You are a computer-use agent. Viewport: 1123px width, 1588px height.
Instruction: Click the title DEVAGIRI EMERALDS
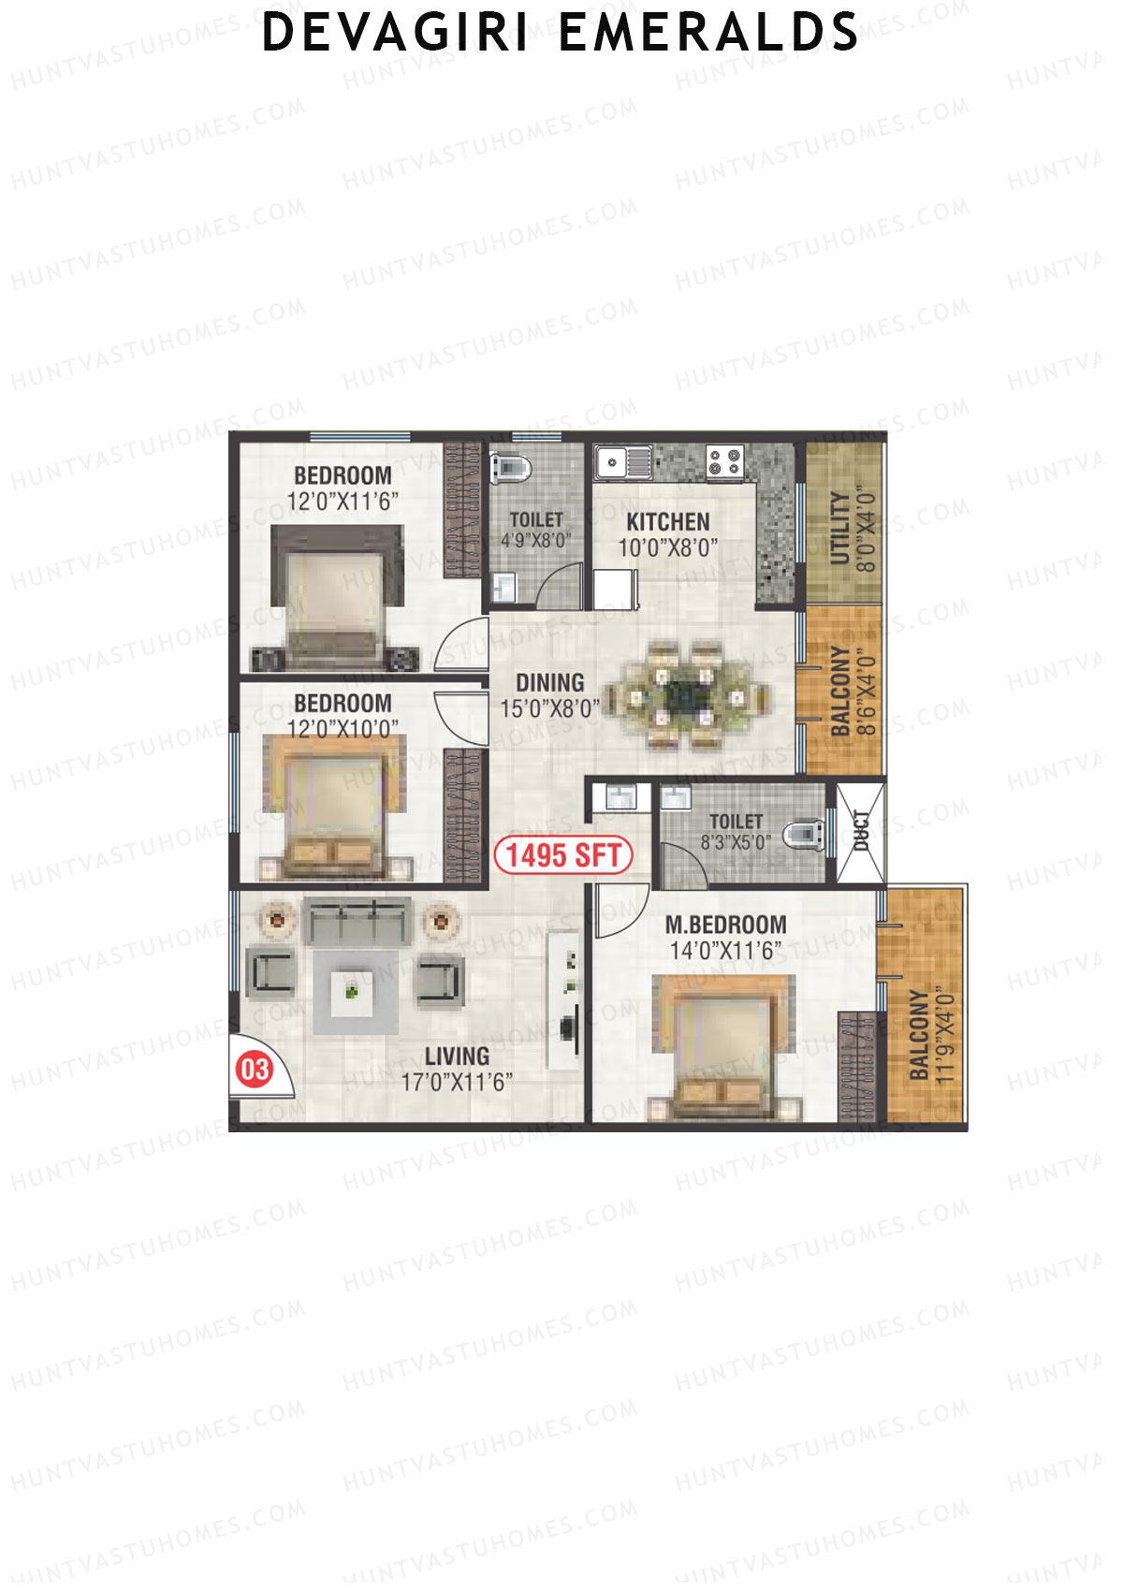[560, 32]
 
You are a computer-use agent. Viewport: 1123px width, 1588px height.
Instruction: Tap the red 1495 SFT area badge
[563, 854]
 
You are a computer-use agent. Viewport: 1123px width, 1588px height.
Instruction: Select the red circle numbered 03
[255, 1069]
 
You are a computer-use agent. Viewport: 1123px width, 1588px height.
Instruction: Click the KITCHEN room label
[667, 521]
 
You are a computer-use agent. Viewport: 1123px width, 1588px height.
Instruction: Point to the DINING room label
[549, 682]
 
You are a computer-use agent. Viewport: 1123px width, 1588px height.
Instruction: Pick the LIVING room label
[457, 1056]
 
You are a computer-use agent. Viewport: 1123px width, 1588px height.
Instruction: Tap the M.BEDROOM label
[725, 925]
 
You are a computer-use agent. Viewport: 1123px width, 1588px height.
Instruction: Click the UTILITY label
[839, 529]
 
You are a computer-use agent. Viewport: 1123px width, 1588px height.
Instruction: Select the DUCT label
[861, 830]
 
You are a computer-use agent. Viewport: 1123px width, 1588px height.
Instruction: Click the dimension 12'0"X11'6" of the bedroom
[343, 502]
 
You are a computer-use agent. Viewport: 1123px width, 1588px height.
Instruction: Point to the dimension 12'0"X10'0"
[343, 728]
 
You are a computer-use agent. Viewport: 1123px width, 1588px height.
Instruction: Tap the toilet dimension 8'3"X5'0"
[736, 842]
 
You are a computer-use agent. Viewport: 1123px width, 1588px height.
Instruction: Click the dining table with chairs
[688, 695]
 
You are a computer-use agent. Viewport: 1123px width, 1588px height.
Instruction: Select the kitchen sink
[623, 461]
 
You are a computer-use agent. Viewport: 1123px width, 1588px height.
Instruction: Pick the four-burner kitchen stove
[723, 460]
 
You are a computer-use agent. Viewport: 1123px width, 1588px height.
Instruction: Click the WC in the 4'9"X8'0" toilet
[511, 465]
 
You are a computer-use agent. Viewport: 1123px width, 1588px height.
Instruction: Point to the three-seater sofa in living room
[357, 922]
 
